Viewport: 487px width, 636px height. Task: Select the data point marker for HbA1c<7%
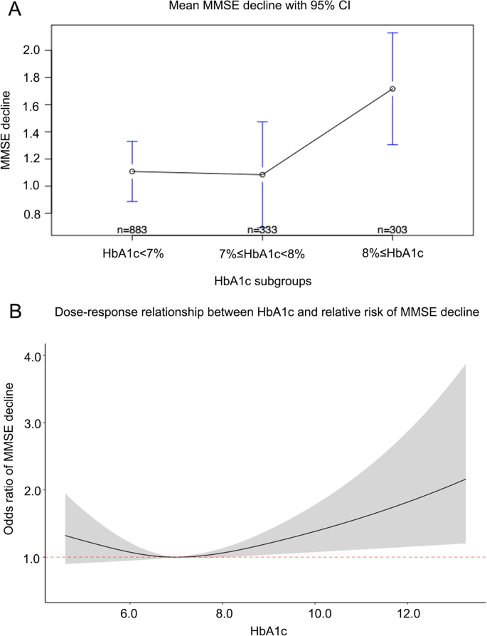132,171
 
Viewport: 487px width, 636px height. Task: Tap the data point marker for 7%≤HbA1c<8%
262,174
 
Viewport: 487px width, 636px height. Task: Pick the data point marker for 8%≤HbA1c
392,89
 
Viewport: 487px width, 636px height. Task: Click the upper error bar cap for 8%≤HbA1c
392,33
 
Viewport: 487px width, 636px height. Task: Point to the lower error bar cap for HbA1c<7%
132,201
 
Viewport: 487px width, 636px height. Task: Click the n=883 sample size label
132,230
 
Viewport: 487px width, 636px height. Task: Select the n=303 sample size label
392,230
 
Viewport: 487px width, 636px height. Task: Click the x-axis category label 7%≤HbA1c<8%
262,255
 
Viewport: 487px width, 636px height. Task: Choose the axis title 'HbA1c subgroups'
262,281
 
